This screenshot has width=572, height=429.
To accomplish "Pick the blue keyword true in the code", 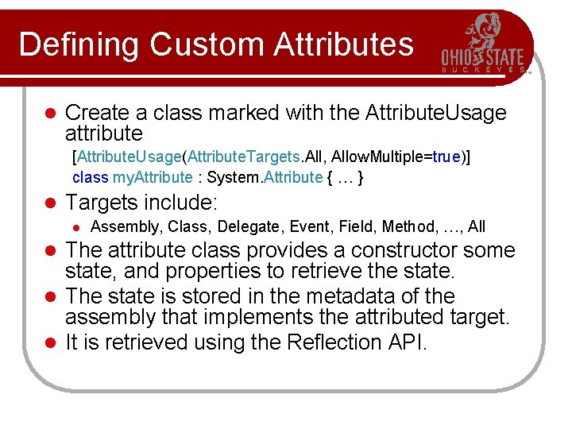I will click(447, 156).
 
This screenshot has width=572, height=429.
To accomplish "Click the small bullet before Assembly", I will click(78, 228).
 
